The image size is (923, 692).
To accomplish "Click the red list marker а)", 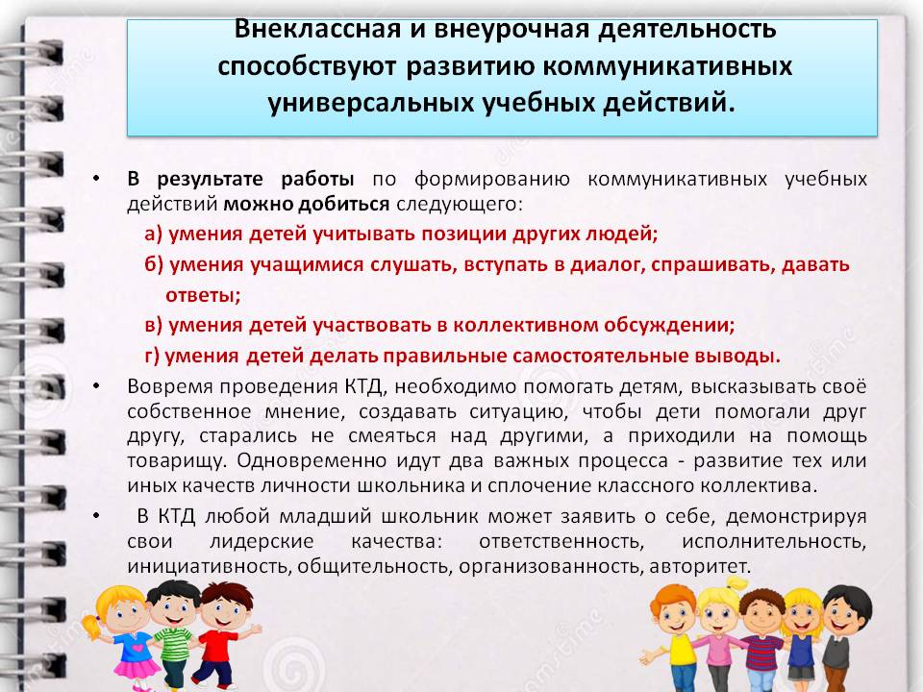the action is coord(153,235).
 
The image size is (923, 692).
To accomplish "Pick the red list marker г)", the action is coord(152,356).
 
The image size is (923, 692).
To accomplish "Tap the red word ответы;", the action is coord(203,295).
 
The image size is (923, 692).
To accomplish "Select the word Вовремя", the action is coord(170,386).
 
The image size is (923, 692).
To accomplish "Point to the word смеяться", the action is coord(392,436).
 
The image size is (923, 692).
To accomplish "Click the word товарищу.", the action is coord(177,460).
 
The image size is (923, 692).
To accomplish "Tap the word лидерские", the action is coord(262,541).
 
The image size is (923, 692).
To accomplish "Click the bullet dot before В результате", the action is coord(96,179).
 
